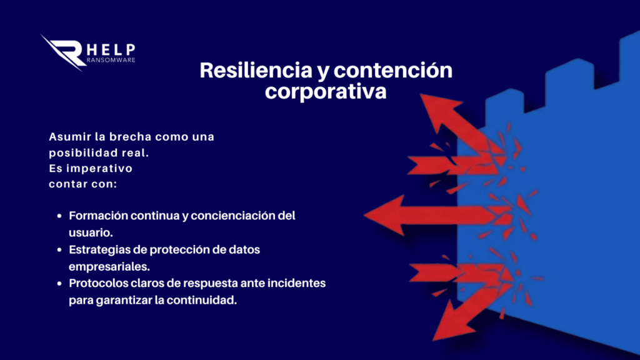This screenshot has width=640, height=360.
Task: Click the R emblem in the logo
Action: pos(63,52)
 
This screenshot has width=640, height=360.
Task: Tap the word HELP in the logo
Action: pos(111,50)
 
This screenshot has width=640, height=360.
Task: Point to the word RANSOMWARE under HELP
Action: pos(111,60)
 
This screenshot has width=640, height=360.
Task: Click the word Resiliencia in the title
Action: pos(256,70)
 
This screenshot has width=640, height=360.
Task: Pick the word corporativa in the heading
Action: pos(326,91)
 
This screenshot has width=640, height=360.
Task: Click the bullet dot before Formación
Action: pos(59,216)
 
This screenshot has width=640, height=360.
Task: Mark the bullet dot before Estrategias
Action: pos(59,250)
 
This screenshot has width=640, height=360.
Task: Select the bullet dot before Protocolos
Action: pos(59,283)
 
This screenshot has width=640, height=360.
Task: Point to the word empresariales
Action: pos(109,266)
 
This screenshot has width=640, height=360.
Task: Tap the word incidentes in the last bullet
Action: pos(296,283)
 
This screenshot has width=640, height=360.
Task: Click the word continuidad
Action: pos(202,300)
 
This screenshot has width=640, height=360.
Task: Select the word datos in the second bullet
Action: pos(244,249)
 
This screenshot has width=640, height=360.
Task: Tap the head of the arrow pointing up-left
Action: pos(439,110)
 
